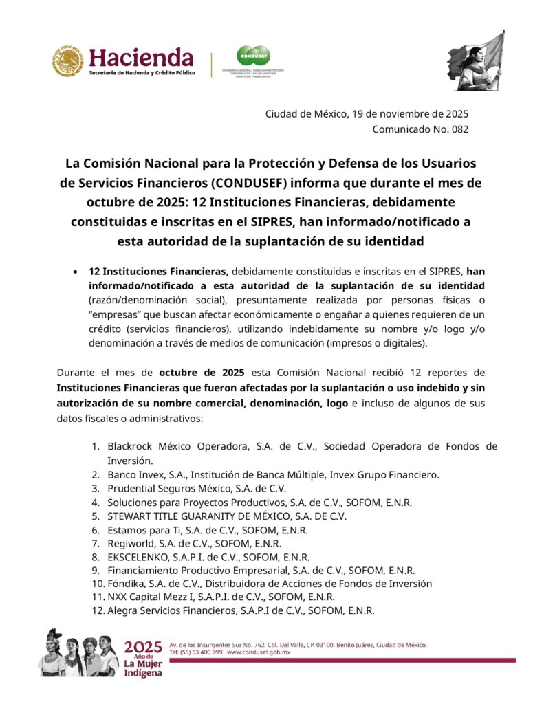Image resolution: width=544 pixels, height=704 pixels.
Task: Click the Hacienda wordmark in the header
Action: [x=142, y=57]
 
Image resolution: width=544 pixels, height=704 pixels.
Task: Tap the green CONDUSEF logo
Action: [x=252, y=56]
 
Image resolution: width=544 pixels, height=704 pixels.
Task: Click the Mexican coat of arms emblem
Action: [x=67, y=61]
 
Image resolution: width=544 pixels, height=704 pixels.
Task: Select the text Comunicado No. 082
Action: [x=420, y=129]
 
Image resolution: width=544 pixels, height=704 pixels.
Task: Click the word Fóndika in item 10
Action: [x=124, y=584]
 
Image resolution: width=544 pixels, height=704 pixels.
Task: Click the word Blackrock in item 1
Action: [x=131, y=447]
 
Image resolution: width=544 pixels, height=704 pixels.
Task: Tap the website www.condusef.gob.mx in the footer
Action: [x=259, y=652]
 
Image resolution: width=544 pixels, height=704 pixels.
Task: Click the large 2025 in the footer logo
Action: [x=143, y=647]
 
